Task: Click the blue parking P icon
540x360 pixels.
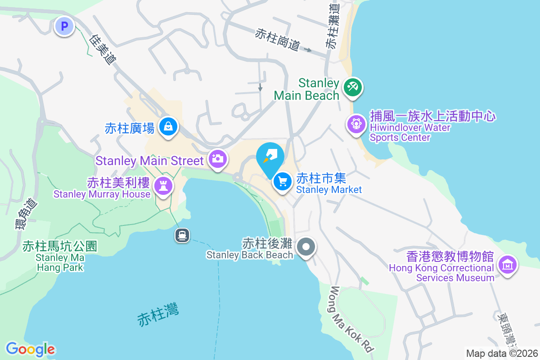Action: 64,26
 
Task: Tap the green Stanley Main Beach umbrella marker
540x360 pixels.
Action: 352,86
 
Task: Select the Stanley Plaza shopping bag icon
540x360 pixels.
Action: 168,127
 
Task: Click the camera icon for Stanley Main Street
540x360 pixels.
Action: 217,159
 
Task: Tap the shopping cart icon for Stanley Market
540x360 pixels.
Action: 282,182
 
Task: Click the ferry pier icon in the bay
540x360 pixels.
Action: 182,235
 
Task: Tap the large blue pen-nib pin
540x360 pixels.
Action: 270,157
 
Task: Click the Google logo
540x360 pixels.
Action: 30,349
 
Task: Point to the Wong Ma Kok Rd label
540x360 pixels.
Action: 353,319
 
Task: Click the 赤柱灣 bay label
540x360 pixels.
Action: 158,315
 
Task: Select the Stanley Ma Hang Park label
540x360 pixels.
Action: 59,257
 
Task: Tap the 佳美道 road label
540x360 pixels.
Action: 103,49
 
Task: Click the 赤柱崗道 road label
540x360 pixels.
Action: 277,40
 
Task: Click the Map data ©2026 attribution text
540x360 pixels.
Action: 501,353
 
